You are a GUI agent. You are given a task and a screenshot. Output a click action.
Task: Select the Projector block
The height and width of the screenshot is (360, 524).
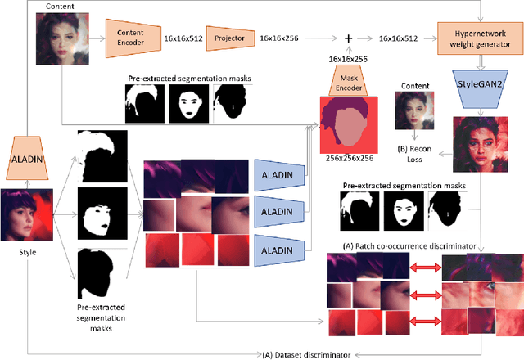click(x=228, y=37)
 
